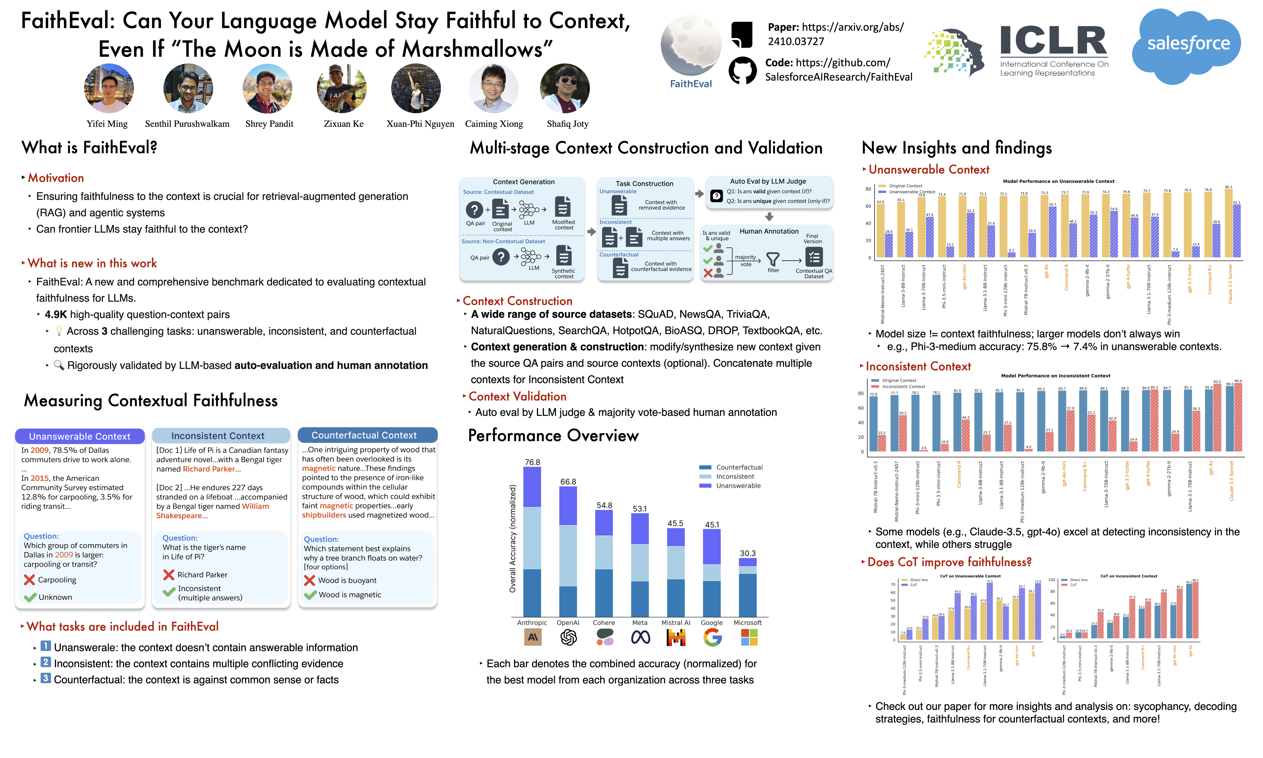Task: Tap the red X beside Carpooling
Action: click(x=30, y=580)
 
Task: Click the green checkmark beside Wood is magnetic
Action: click(x=310, y=595)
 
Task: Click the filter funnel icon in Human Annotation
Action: click(x=773, y=259)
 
